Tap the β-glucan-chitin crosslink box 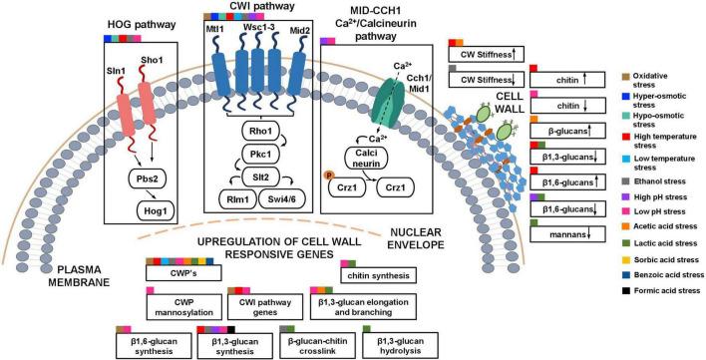click(x=314, y=345)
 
